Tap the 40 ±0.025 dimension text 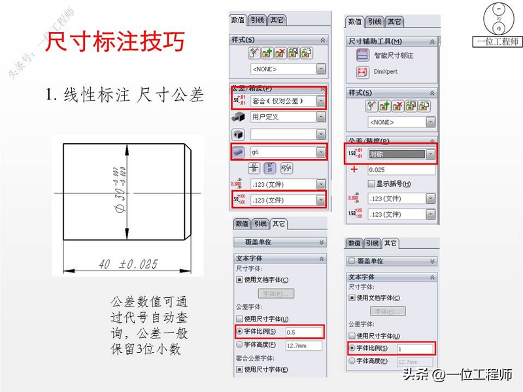coord(128,264)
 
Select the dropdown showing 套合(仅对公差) coord(286,101)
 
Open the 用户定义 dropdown coord(286,117)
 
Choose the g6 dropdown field coord(286,152)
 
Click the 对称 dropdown coord(400,154)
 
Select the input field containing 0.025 coord(400,170)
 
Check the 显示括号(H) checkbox coord(372,184)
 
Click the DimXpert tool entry coord(385,72)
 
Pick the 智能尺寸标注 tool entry coord(392,56)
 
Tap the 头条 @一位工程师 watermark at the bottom coord(457,375)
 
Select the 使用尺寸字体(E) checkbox coord(239,370)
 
